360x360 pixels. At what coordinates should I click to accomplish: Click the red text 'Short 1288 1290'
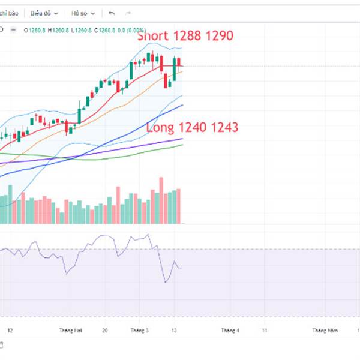tap(185, 36)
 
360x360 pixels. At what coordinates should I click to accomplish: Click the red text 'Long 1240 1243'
tap(193, 127)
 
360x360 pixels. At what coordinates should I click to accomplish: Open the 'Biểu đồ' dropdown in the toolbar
tap(44, 13)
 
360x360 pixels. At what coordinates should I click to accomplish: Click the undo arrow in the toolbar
tap(112, 13)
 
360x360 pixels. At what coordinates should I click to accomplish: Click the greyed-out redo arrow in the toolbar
tap(127, 13)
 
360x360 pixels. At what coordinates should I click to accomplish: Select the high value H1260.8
tap(59, 29)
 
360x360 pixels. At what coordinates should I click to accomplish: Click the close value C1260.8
tap(108, 29)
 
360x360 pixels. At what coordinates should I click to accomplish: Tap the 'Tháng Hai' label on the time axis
tap(70, 331)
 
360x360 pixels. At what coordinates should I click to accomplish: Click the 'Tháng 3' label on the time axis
tap(138, 331)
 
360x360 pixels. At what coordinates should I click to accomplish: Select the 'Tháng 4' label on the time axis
tap(230, 331)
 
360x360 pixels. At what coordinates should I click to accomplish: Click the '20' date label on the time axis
tap(105, 331)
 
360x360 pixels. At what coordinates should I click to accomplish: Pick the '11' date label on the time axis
tap(265, 331)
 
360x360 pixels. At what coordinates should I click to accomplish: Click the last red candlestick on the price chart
tap(179, 62)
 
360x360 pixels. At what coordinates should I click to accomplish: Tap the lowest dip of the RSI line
tap(165, 282)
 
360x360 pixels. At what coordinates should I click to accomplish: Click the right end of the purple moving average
tap(182, 139)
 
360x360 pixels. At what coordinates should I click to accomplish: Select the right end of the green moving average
tap(182, 145)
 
